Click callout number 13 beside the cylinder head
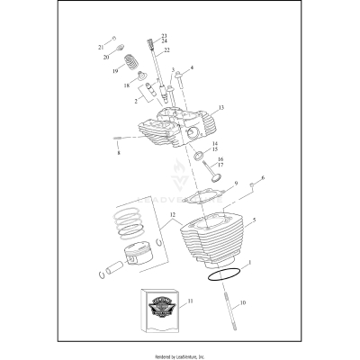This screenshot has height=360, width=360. coord(220,108)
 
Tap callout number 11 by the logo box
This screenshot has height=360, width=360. coord(189,302)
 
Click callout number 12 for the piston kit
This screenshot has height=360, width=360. coord(171,213)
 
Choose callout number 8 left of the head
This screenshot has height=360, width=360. coord(118,154)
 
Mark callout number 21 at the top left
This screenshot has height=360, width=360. coord(100,47)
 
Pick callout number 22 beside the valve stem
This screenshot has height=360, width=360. coord(166,50)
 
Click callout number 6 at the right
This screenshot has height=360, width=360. coord(263,179)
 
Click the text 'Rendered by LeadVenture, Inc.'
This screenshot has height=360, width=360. coord(179,350)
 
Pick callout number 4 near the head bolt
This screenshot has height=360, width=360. coord(191,67)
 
